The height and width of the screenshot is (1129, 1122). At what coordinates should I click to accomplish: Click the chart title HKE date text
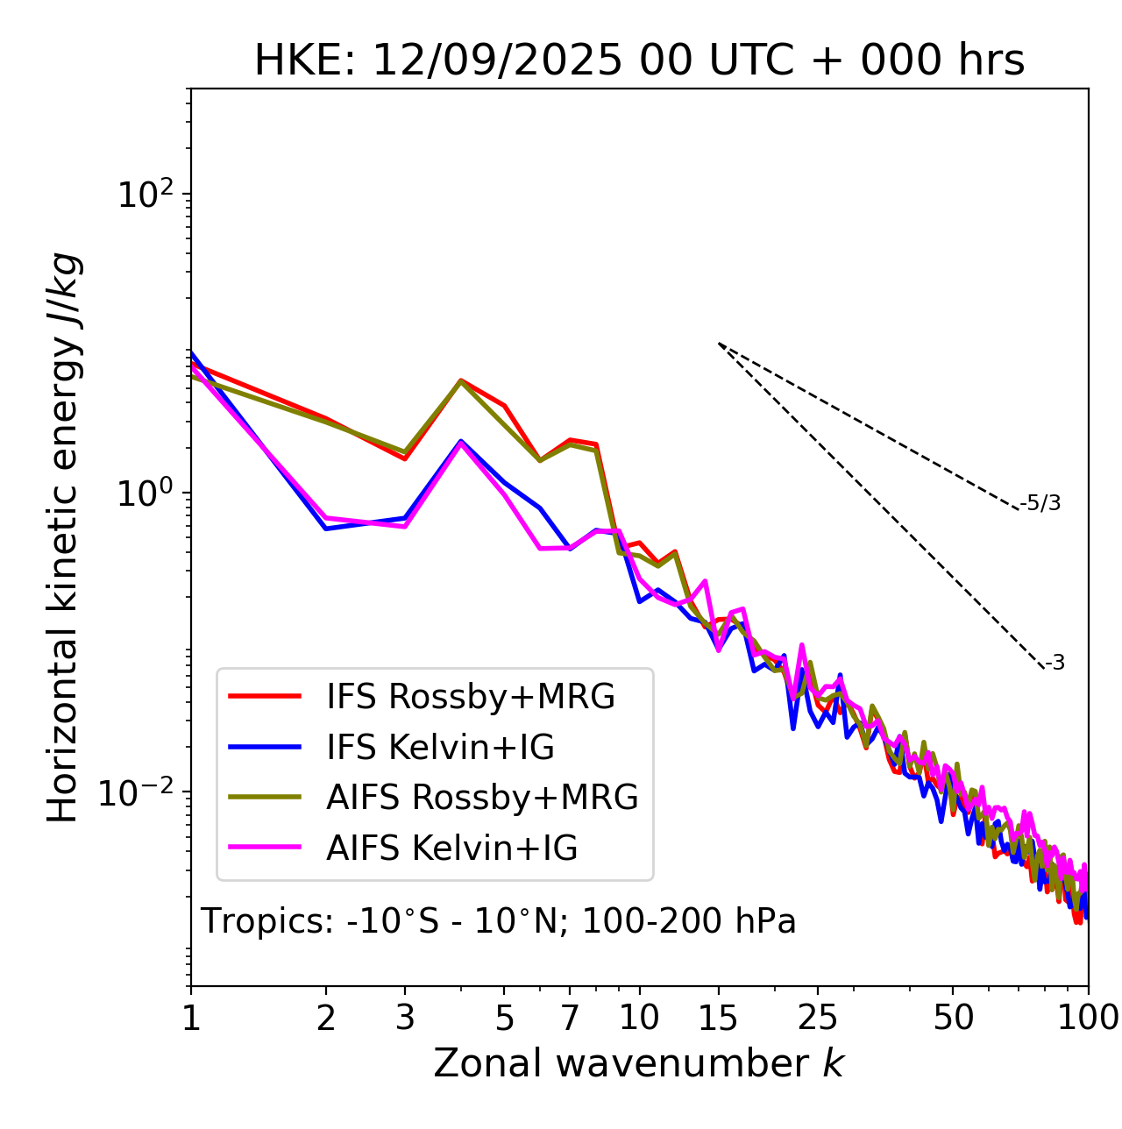(x=639, y=61)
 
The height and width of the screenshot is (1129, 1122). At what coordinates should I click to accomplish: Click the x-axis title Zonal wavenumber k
(x=639, y=1063)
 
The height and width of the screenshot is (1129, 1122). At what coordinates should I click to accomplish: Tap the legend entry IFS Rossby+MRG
(x=470, y=697)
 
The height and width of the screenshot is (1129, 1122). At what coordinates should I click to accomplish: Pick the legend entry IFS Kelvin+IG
(x=440, y=748)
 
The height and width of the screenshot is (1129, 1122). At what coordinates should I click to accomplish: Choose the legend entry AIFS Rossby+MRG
(x=481, y=798)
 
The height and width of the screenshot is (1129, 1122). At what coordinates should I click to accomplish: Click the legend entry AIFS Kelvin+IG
(x=451, y=849)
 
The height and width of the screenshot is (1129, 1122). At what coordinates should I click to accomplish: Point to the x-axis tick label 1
(x=191, y=1018)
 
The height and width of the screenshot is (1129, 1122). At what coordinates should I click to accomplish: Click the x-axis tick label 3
(x=404, y=1018)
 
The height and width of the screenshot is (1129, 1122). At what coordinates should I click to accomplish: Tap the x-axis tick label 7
(x=571, y=1018)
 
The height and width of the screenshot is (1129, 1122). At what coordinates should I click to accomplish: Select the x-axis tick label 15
(x=719, y=1018)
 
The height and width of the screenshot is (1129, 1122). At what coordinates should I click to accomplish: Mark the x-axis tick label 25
(x=818, y=1018)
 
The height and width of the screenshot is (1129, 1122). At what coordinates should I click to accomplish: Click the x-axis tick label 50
(x=954, y=1018)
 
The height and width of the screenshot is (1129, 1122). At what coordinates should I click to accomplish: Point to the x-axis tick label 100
(x=1088, y=1018)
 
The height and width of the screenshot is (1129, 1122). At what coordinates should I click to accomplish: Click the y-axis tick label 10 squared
(x=145, y=195)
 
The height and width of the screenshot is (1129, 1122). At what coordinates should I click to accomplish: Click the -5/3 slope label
(x=1040, y=504)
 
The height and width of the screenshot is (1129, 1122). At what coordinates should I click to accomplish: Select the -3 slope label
(x=1055, y=664)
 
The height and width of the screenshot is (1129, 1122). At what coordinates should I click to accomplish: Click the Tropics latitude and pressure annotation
(x=498, y=922)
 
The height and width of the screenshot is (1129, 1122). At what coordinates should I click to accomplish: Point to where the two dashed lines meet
(x=719, y=344)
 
